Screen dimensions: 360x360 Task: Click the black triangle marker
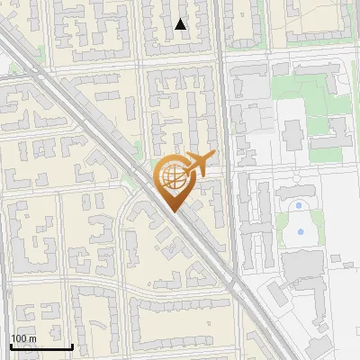tap(181, 24)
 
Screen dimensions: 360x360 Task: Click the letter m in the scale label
tap(32, 338)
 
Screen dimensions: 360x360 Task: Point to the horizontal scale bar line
tap(41, 346)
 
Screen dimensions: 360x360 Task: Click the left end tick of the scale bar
tap(11, 346)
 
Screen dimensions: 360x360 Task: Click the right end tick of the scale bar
tap(72, 346)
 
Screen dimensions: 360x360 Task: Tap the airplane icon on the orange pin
tap(197, 163)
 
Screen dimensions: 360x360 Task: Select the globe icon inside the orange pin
tap(172, 178)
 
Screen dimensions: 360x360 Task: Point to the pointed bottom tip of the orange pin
tap(173, 211)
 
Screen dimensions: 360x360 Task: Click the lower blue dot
tap(300, 232)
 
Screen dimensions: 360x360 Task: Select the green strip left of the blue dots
tap(280, 220)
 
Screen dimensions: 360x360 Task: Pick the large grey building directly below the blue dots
tap(301, 265)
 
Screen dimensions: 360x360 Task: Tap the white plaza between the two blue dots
tap(300, 220)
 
